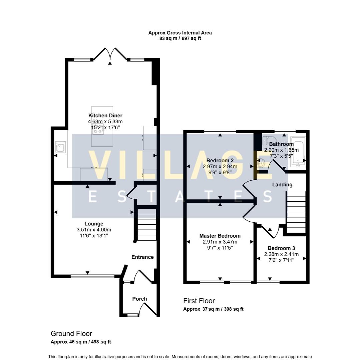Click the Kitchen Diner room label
coord(105,116)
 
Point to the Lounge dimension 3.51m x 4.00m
coord(94,230)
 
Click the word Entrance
coord(142,257)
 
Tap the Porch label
coord(139,299)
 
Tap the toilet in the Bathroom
coord(269,140)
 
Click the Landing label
coord(282,185)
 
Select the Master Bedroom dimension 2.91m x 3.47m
coord(220,242)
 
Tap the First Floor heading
coord(199,301)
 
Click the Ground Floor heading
coord(71,333)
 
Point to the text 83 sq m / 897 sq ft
coord(180,38)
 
